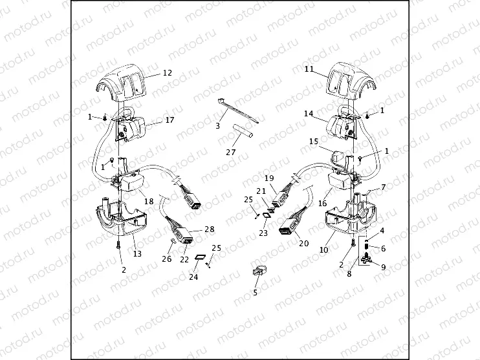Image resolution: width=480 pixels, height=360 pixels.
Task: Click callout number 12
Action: pos(167,73)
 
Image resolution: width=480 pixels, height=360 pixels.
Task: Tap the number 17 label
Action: pos(170,120)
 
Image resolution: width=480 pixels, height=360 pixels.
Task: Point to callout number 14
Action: pos(309,113)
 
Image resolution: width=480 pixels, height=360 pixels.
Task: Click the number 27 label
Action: pos(231,153)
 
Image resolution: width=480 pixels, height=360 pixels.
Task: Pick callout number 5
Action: pos(255,293)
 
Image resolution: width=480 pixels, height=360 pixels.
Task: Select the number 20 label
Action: pos(303,244)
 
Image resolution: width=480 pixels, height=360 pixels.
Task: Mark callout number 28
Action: pos(209,229)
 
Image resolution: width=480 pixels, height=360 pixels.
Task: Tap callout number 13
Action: pos(136,254)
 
